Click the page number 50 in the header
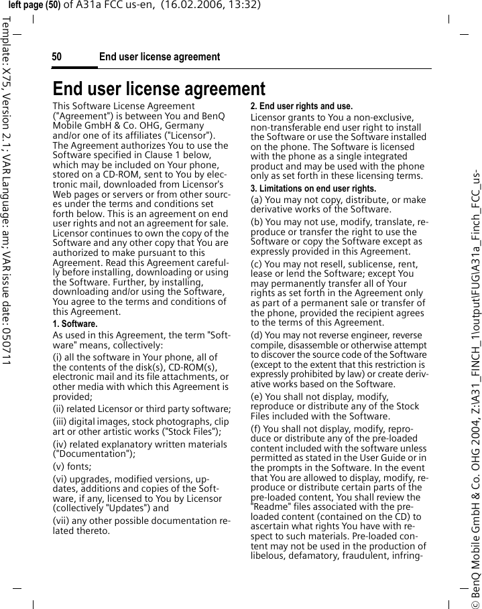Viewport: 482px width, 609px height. tap(57, 57)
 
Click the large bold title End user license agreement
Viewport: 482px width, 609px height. tap(159, 88)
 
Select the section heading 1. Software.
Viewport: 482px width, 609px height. tap(75, 324)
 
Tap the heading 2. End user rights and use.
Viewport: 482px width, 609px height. tap(301, 106)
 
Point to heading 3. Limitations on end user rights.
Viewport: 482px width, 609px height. tap(313, 188)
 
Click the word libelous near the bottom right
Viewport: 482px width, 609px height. tap(270, 555)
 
